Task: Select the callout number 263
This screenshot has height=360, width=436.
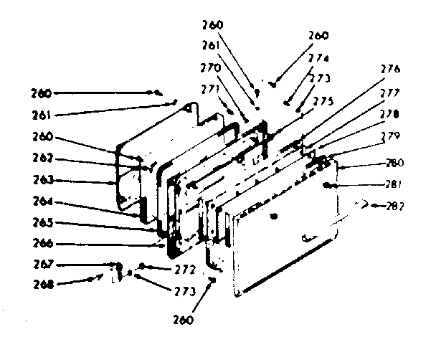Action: tap(44, 180)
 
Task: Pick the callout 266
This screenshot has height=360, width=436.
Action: tap(44, 243)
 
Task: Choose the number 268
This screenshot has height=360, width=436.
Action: tap(44, 283)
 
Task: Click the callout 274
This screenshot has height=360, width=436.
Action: tap(319, 59)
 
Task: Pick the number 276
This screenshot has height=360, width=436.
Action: tap(391, 70)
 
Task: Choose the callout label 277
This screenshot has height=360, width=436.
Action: tap(391, 92)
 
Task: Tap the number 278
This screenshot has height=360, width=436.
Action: tap(391, 113)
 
